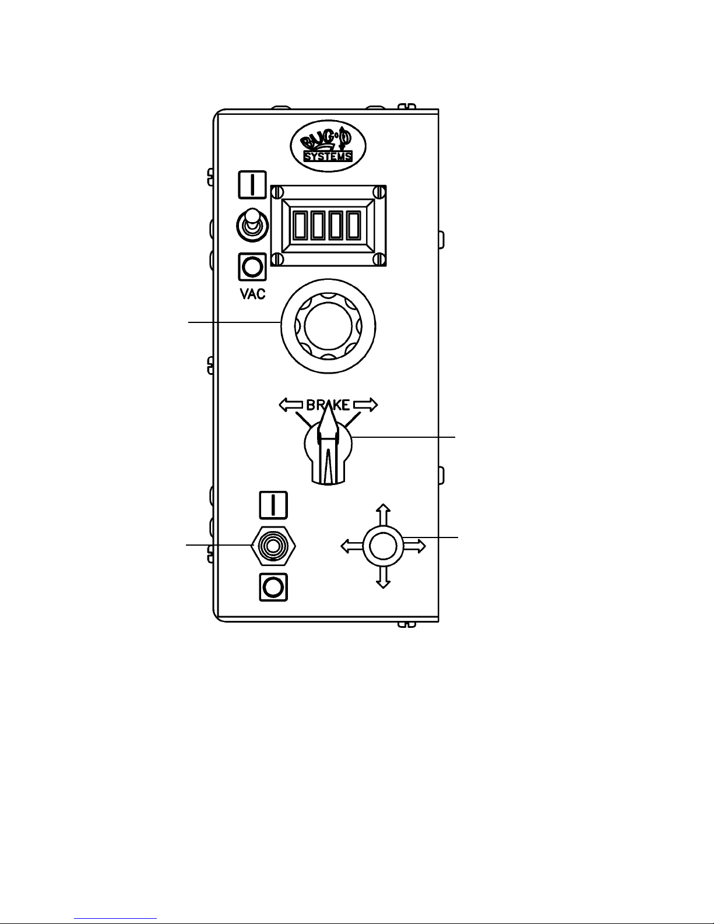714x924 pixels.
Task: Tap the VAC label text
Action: pos(253,294)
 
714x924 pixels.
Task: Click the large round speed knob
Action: pos(328,326)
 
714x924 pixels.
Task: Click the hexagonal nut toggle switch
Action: pos(273,546)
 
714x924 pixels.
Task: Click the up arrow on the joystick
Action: pos(382,513)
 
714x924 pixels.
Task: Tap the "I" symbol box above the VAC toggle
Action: pos(252,185)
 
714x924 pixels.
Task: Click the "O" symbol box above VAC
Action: pos(252,267)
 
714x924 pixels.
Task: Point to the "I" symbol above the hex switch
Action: pos(273,505)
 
